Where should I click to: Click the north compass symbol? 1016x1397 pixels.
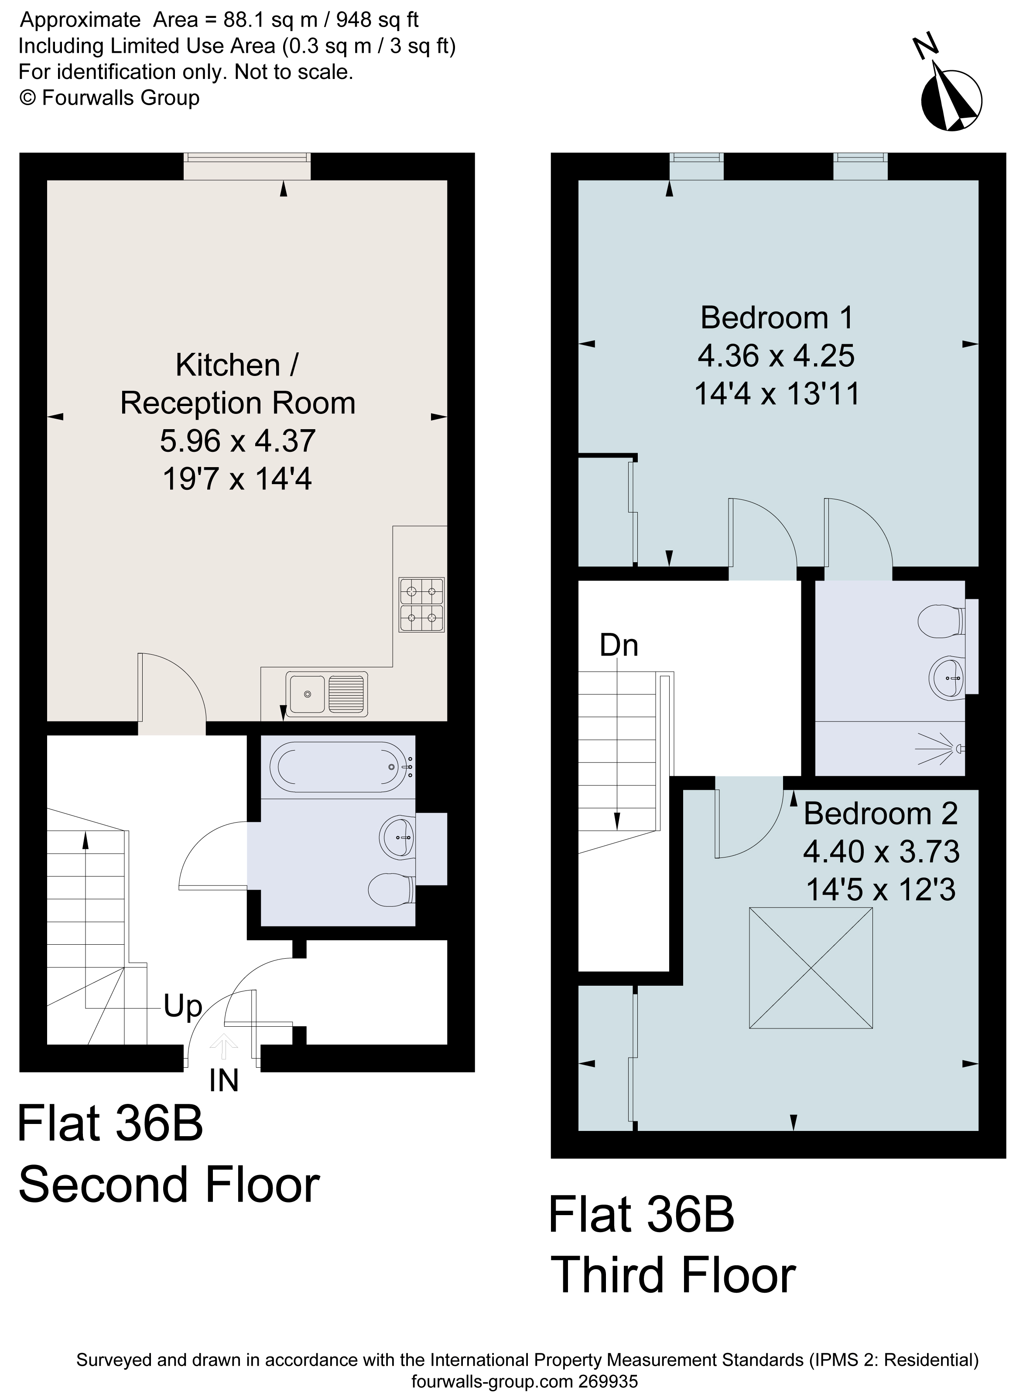[x=951, y=99]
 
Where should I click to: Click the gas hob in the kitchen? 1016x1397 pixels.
[x=421, y=605]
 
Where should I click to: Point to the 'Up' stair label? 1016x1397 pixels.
[x=182, y=1006]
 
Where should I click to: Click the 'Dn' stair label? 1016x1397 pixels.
[x=619, y=646]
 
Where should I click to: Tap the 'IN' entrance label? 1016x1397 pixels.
[x=224, y=1080]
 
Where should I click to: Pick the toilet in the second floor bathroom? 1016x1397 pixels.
[x=390, y=889]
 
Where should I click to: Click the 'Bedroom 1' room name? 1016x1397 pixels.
[x=777, y=318]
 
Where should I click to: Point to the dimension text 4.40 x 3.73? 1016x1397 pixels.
[x=881, y=852]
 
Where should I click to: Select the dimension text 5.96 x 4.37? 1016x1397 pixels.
[x=238, y=441]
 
